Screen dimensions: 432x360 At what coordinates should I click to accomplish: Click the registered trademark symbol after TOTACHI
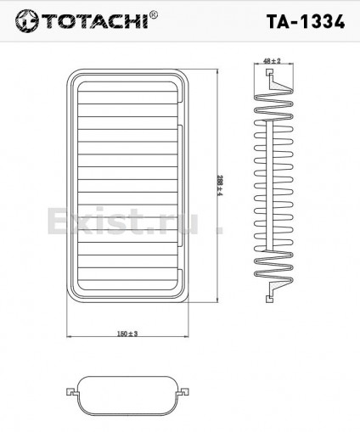point(153,14)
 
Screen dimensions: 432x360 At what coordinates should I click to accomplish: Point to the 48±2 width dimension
point(273,62)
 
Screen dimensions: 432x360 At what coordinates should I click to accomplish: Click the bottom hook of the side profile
point(270,293)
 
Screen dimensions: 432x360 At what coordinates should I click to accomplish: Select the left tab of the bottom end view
point(71,391)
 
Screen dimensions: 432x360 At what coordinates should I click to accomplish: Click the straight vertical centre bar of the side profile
point(272,187)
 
